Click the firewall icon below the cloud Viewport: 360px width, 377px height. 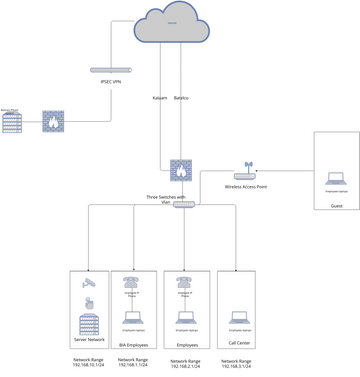(180, 169)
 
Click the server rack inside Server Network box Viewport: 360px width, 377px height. (88, 322)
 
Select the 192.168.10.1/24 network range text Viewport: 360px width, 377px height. (88, 365)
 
